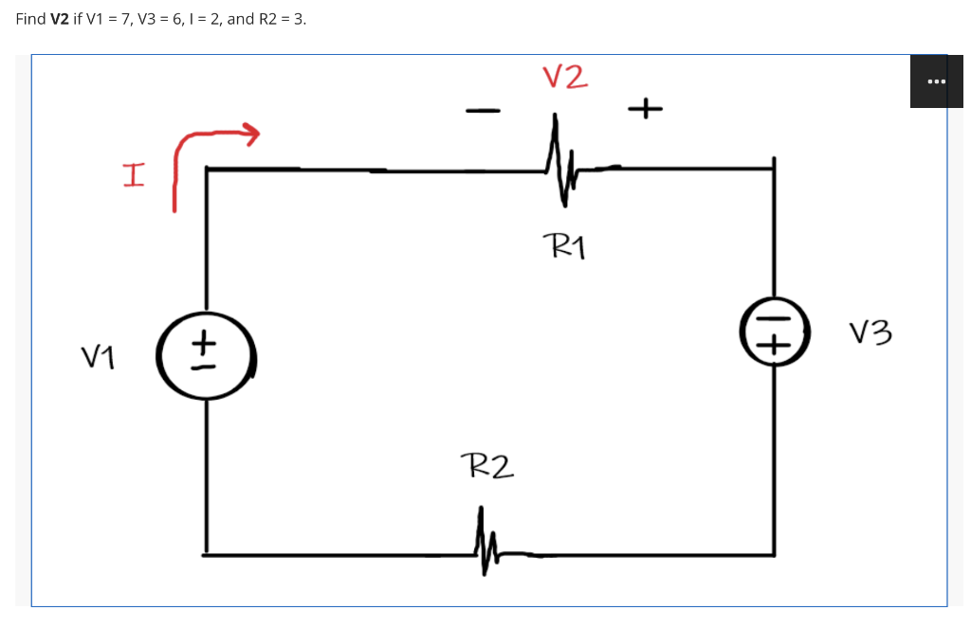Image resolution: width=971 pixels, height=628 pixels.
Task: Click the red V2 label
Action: (x=565, y=77)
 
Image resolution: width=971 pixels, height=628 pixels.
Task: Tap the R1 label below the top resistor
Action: (x=567, y=248)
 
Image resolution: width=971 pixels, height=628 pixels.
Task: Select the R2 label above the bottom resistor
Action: (x=486, y=465)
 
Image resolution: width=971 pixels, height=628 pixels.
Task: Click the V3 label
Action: (x=870, y=333)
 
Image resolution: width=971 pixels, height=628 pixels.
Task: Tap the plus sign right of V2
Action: (x=644, y=110)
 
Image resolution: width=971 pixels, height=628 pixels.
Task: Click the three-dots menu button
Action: (x=936, y=81)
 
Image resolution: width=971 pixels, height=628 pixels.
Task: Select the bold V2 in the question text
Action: (x=58, y=19)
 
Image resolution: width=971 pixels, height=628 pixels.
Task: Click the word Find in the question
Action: (x=30, y=19)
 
